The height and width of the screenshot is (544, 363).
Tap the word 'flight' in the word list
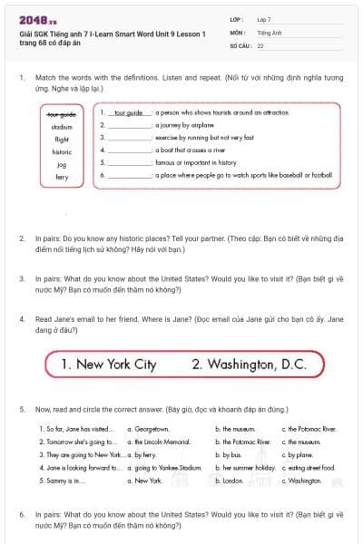pos(62,140)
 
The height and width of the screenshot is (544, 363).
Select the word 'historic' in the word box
pos(62,152)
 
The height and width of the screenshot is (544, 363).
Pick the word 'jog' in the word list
pos(62,165)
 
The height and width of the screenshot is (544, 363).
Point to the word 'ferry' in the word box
pos(62,178)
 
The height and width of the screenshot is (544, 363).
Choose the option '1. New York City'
pos(108,364)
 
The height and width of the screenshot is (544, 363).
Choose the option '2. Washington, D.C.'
pos(249,364)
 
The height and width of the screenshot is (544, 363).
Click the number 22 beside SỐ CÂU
pos(260,44)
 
